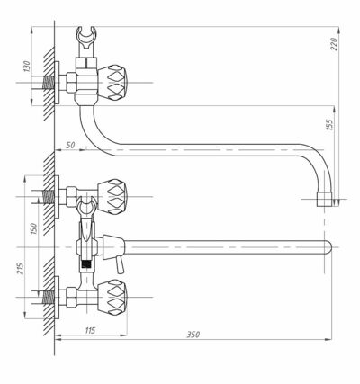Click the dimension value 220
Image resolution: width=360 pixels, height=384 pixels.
335,44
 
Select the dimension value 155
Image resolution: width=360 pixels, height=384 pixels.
329,125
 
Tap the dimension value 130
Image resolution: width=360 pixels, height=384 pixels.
27,67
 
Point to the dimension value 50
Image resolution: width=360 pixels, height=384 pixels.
70,145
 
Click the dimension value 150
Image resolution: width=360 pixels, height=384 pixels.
34,228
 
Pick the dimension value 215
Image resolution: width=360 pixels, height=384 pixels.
20,270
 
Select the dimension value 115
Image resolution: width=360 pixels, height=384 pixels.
90,330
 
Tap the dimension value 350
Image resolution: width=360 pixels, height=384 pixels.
193,335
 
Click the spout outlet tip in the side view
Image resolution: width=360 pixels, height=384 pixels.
325,200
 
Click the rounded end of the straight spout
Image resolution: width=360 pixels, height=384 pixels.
328,247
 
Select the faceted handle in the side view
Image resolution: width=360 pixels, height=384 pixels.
112,83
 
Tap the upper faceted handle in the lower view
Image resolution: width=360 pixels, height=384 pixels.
112,197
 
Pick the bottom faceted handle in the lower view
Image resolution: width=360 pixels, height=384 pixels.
112,297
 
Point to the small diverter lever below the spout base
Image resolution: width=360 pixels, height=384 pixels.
120,265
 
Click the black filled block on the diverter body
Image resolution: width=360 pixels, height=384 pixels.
86,264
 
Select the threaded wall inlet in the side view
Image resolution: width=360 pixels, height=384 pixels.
48,82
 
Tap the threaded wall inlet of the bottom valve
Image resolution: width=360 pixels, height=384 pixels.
49,297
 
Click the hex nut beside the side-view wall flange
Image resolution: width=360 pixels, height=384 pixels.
72,83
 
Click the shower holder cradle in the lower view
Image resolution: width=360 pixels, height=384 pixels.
86,207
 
